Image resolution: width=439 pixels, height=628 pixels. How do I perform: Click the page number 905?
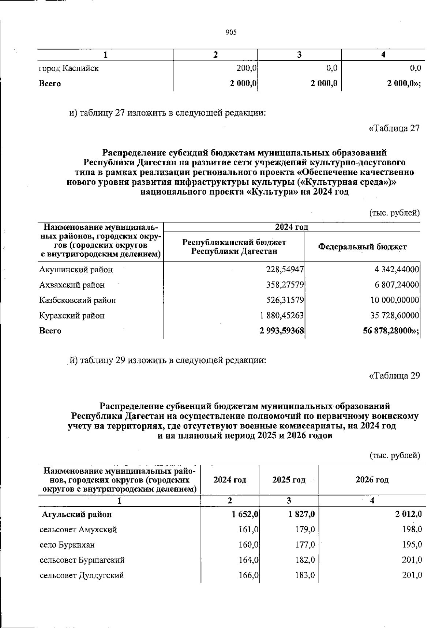tap(231, 33)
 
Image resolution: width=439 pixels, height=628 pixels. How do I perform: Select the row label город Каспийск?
tap(69, 68)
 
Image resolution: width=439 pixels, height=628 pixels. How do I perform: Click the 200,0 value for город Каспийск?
tap(246, 68)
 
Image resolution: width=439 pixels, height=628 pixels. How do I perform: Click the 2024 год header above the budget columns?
tap(292, 227)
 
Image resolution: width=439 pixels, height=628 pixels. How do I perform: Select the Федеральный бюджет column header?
tap(362, 247)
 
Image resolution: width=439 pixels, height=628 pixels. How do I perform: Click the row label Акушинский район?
tap(76, 270)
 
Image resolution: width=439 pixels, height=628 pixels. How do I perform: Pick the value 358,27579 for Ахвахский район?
tap(285, 285)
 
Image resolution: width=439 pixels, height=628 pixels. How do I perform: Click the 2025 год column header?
tap(289, 480)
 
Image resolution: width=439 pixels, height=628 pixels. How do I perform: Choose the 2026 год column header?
tap(372, 480)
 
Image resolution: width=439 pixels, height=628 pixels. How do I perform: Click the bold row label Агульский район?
tap(77, 515)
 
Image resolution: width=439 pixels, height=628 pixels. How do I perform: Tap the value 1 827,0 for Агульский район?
tap(301, 515)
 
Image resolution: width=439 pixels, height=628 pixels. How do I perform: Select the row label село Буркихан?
tap(67, 545)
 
